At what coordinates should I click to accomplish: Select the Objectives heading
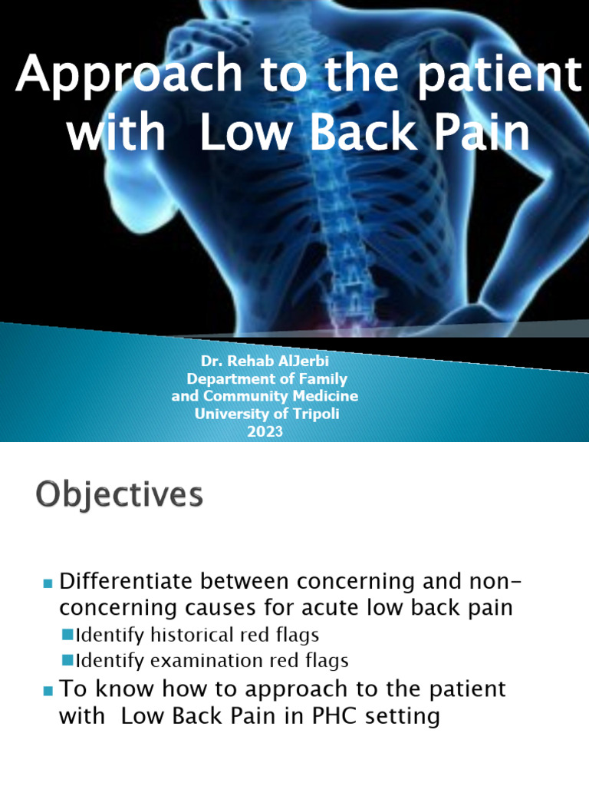[119, 494]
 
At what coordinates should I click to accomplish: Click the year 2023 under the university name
[265, 431]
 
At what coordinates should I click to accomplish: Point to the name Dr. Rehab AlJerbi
[265, 362]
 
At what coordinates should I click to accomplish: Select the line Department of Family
[267, 379]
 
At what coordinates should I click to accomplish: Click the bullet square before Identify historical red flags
[67, 634]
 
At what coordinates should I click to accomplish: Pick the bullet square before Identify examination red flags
[67, 659]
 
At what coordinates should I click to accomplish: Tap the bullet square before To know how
[48, 691]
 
